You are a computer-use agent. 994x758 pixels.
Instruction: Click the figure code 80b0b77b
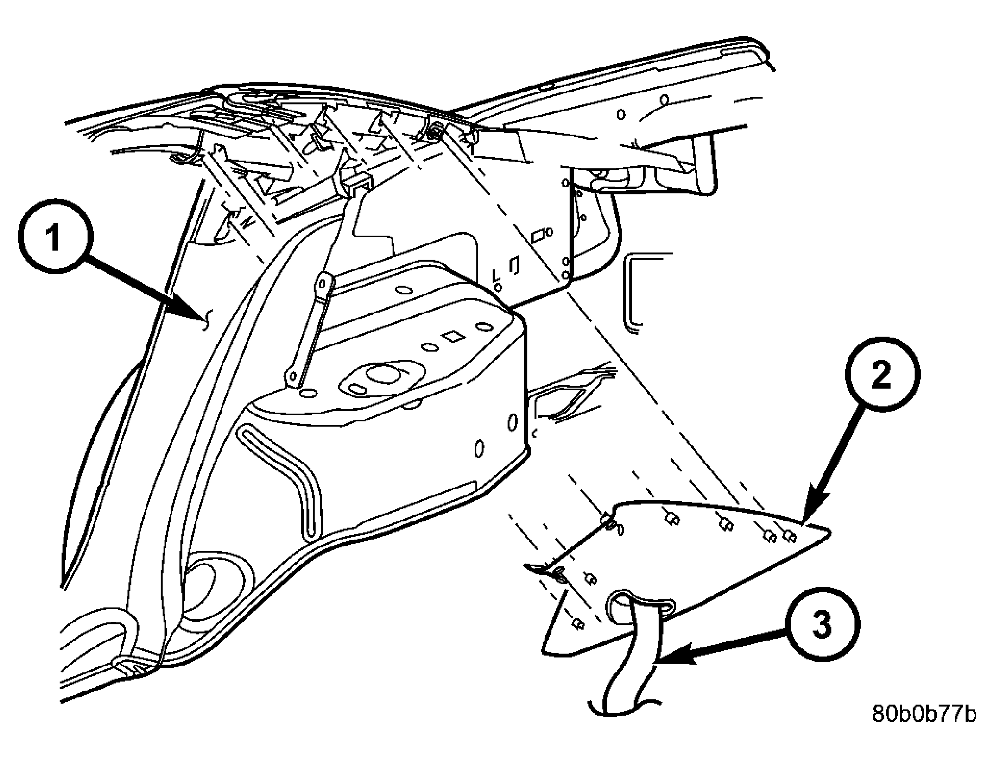pyautogui.click(x=924, y=728)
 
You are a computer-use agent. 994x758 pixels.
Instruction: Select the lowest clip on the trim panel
pyautogui.click(x=577, y=624)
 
